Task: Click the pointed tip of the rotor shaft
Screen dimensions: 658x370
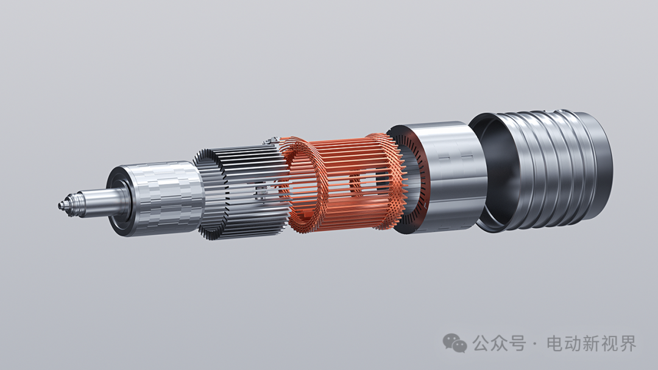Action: coord(59,205)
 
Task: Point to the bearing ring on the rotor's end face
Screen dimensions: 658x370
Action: coord(119,201)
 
